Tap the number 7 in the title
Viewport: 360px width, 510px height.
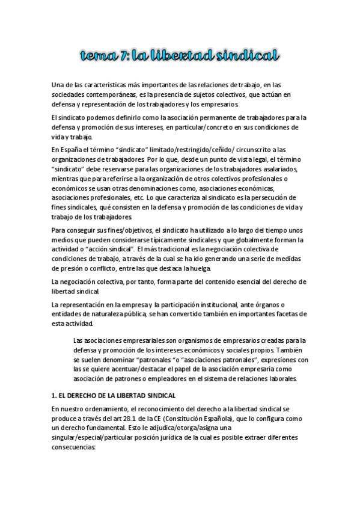[x=124, y=57]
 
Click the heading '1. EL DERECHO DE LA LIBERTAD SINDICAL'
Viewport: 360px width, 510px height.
[x=113, y=395]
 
